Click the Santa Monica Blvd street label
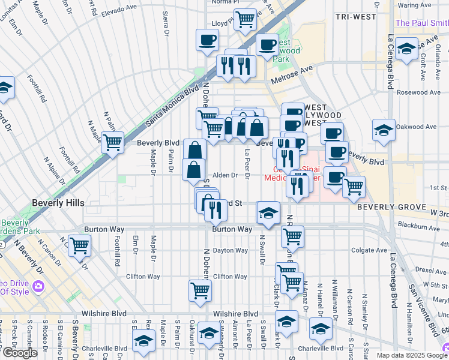pos(172,108)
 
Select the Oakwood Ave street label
pos(418,127)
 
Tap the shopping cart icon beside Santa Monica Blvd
pos(112,143)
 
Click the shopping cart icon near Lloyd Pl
pos(246,20)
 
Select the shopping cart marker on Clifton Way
pos(200,290)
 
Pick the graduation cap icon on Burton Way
pos(268,212)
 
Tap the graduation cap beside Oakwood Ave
pos(384,130)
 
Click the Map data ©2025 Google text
pos(411,355)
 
